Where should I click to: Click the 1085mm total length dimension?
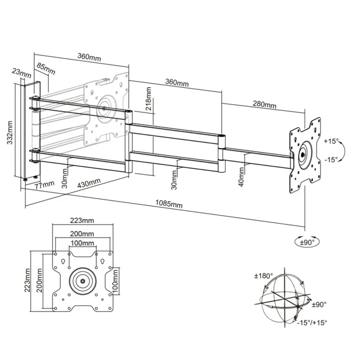point(169,204)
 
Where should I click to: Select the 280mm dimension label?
point(265,104)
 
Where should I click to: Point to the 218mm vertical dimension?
point(149,99)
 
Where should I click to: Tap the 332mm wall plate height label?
point(10,133)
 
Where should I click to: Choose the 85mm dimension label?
point(46,69)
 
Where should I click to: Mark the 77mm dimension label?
point(45,185)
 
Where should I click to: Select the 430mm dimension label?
point(89,183)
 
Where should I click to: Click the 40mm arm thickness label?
point(241,177)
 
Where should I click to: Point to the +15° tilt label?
point(331,141)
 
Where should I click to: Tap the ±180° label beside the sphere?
point(264,276)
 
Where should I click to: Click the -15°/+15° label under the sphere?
point(312,323)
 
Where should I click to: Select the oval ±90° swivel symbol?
point(307,242)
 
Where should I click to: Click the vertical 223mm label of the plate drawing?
point(27,280)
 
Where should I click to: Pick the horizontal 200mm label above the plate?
point(82,234)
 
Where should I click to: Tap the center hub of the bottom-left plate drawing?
point(83,281)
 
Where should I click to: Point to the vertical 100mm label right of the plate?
point(115,281)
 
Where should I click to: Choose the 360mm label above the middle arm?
point(177,83)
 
